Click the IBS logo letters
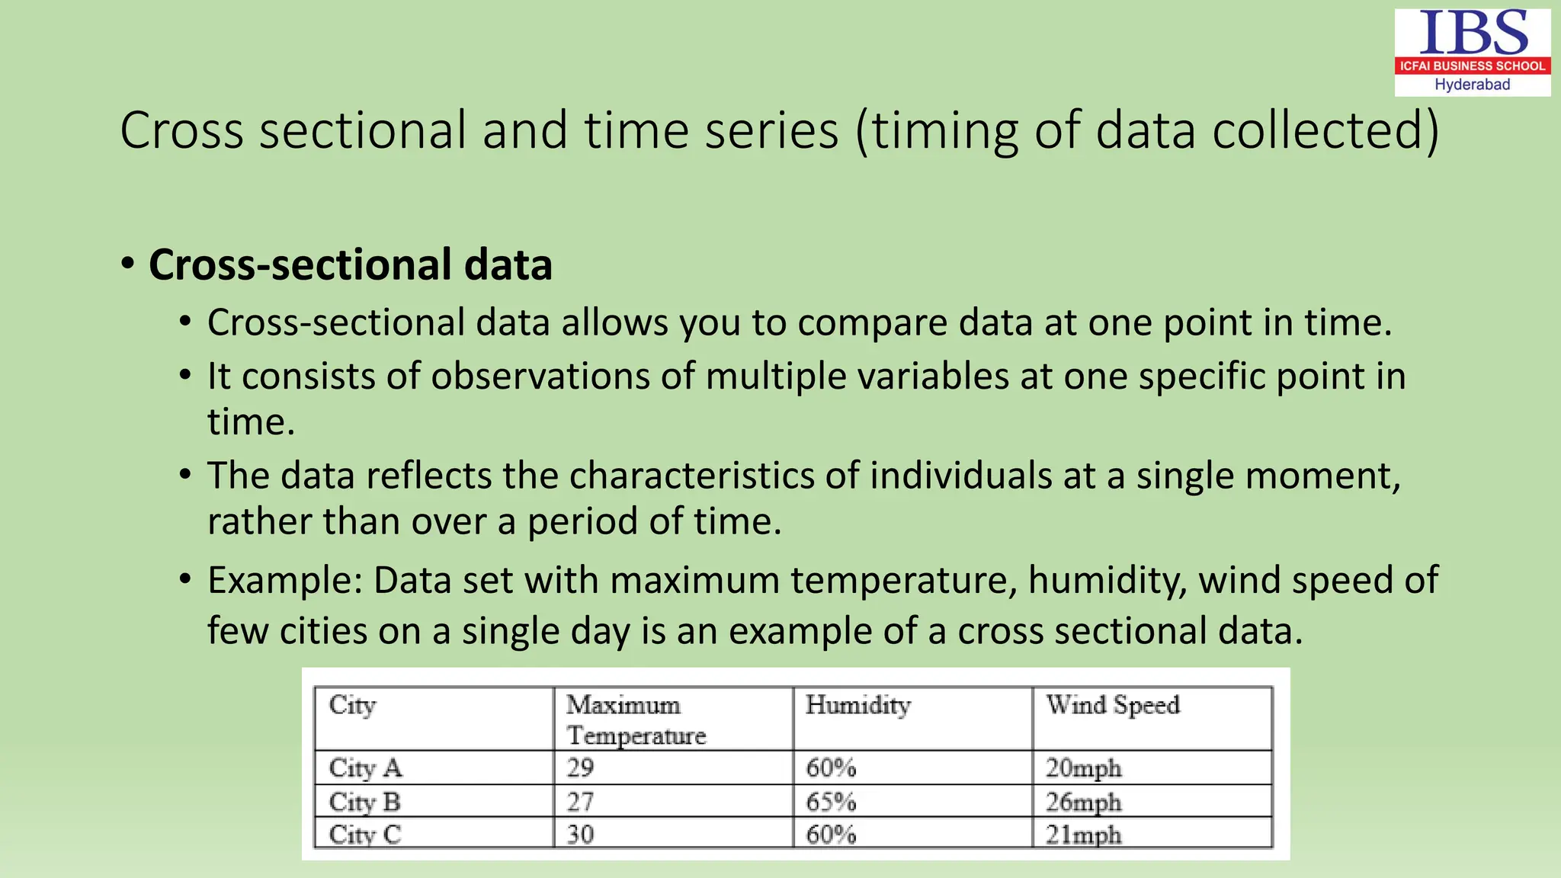1473,34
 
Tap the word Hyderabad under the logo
1472,85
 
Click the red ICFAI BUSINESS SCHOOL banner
1472,66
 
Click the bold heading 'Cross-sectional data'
350,264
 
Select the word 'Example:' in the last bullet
285,580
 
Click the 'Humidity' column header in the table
858,705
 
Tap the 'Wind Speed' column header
1113,705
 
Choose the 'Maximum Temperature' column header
636,719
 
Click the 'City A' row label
365,767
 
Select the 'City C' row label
365,835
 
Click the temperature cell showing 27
580,802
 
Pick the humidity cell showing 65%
831,802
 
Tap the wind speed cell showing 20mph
1083,767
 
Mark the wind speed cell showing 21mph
1083,835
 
